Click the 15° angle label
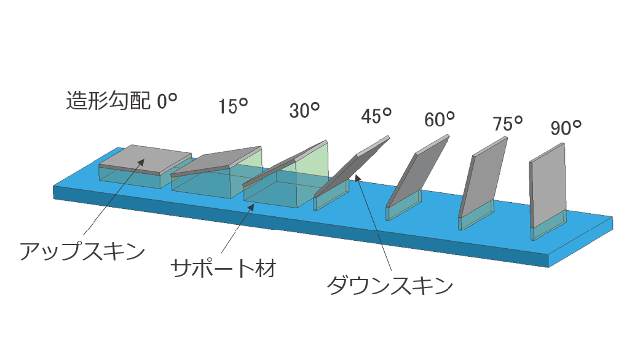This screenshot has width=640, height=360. (233, 106)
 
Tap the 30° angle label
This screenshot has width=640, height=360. (304, 111)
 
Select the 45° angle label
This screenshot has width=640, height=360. (376, 115)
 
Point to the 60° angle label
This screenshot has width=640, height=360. (439, 119)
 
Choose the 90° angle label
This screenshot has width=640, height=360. (566, 128)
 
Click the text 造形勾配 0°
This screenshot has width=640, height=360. (122, 101)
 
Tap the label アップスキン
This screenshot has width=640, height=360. (82, 251)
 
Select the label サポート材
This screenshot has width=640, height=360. (224, 268)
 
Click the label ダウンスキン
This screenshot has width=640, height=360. (390, 286)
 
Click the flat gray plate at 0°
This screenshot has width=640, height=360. (145, 158)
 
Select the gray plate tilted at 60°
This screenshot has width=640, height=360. (417, 171)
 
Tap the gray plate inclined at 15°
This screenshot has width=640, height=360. (216, 161)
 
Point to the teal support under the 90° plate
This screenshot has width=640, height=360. (548, 226)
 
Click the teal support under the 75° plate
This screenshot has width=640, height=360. (475, 216)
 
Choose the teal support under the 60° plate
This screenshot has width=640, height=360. (403, 206)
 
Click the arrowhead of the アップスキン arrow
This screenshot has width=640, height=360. (141, 163)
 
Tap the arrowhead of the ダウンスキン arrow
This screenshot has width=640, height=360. (357, 179)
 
